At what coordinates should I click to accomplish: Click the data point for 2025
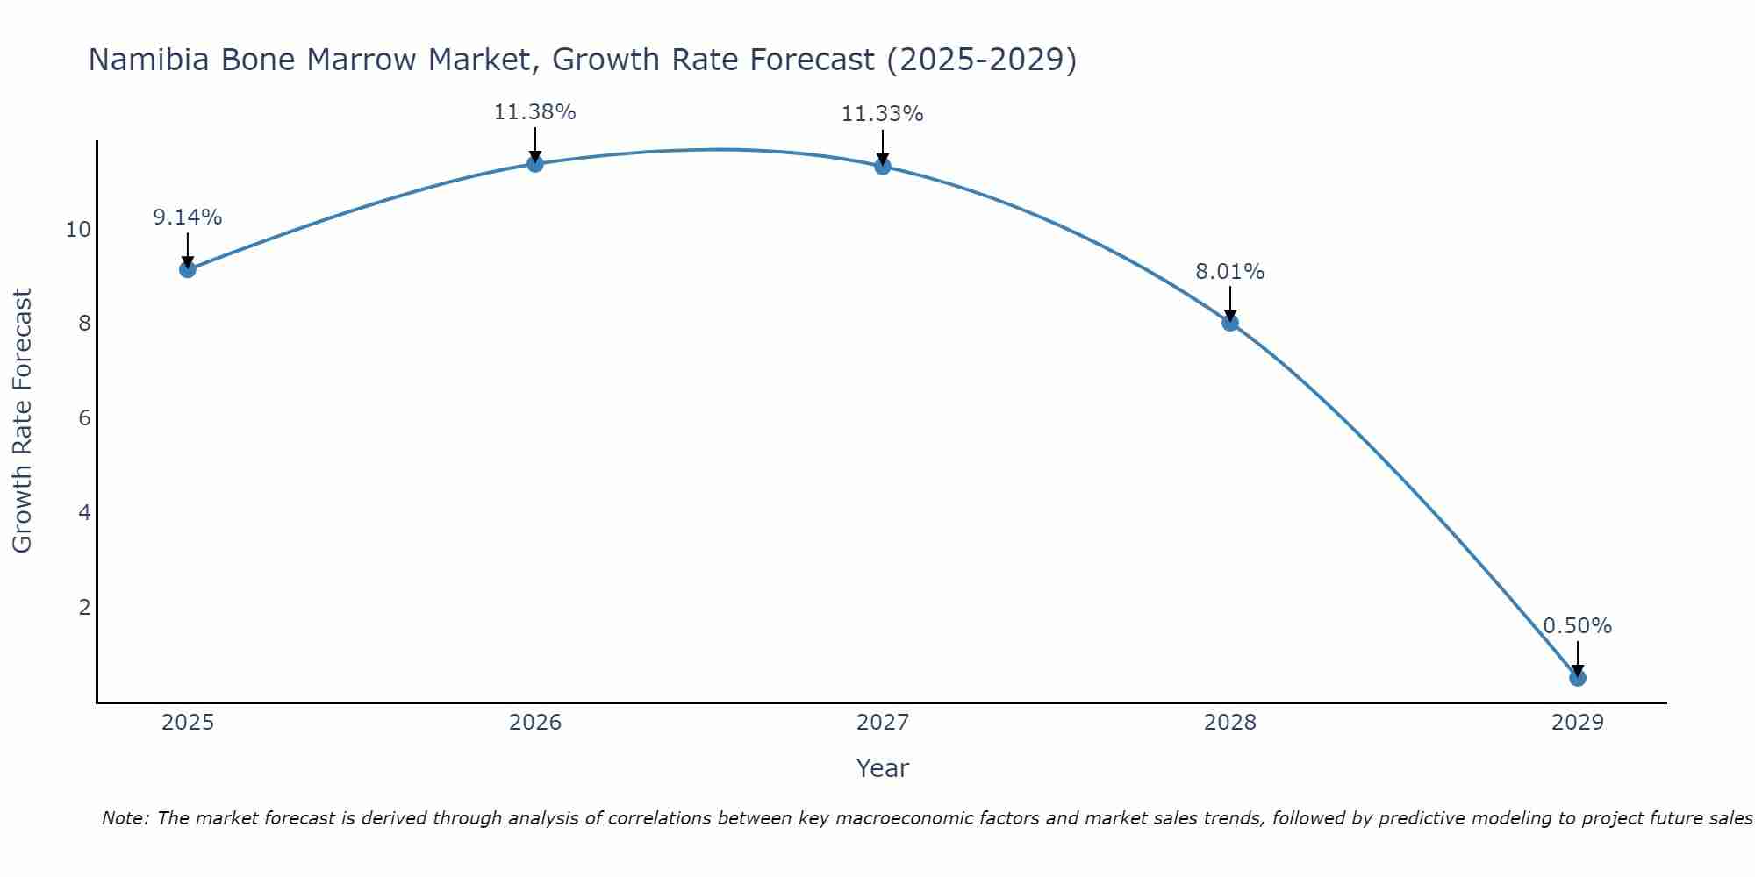coord(187,268)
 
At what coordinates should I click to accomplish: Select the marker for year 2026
coord(534,163)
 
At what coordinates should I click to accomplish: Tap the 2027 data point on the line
coord(882,166)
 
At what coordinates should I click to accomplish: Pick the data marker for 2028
coord(1229,322)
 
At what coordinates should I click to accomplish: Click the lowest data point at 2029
coord(1577,677)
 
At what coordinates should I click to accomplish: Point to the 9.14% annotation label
coord(187,217)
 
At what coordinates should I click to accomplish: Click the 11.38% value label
coord(534,112)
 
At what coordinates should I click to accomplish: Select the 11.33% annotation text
coord(882,114)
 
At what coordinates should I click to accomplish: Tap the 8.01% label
coord(1229,272)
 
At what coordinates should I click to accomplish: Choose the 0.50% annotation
coord(1577,626)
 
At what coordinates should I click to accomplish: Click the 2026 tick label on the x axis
coord(534,723)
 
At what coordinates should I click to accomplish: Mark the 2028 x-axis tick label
coord(1229,723)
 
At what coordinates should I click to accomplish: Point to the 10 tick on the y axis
coord(78,230)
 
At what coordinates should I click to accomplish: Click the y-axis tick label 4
coord(84,512)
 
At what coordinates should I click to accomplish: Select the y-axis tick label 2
coord(84,607)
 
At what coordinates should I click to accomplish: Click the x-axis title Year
coord(882,768)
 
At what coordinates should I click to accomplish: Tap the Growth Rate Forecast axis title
coord(23,421)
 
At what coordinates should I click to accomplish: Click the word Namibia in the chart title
coord(150,60)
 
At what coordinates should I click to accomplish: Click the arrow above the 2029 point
coord(1577,658)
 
